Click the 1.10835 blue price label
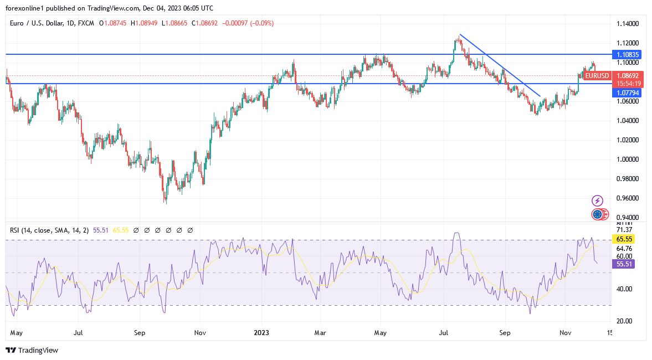point(627,54)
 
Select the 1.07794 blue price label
point(627,93)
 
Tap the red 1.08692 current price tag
point(627,75)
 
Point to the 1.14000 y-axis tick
point(627,24)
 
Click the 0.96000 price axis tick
point(627,198)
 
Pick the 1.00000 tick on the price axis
point(627,160)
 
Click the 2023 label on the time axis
point(262,333)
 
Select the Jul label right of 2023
point(444,333)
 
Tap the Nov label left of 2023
point(201,333)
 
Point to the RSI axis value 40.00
point(624,289)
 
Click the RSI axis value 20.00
point(624,321)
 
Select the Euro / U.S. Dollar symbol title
point(43,23)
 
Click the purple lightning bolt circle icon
point(597,200)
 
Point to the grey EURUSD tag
point(597,76)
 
